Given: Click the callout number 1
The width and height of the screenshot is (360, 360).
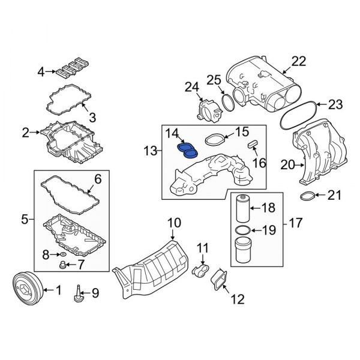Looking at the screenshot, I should [x=58, y=291].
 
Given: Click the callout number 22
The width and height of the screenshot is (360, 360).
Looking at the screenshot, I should [x=299, y=61].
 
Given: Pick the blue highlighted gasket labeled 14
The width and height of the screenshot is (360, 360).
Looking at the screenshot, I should [x=187, y=150].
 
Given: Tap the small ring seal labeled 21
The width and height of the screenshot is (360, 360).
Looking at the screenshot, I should [x=307, y=196].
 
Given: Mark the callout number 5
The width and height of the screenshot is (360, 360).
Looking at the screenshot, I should [x=25, y=220].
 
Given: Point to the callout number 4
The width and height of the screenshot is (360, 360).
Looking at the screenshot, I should [x=40, y=73].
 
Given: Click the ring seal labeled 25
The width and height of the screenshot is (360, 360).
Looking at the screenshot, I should [x=228, y=101].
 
